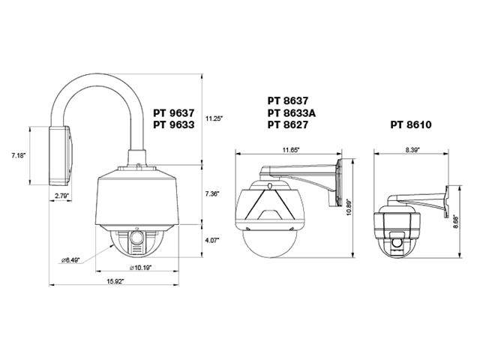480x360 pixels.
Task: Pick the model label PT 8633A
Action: tap(292, 112)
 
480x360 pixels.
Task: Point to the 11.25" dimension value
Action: tap(216, 118)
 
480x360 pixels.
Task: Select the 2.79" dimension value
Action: tap(63, 196)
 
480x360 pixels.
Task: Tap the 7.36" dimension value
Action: tap(214, 193)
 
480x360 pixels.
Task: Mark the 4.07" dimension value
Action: tap(214, 241)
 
